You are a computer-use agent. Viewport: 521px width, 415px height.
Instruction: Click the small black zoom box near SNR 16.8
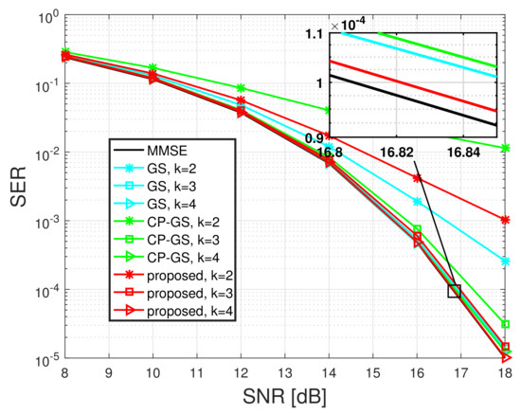coord(455,291)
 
